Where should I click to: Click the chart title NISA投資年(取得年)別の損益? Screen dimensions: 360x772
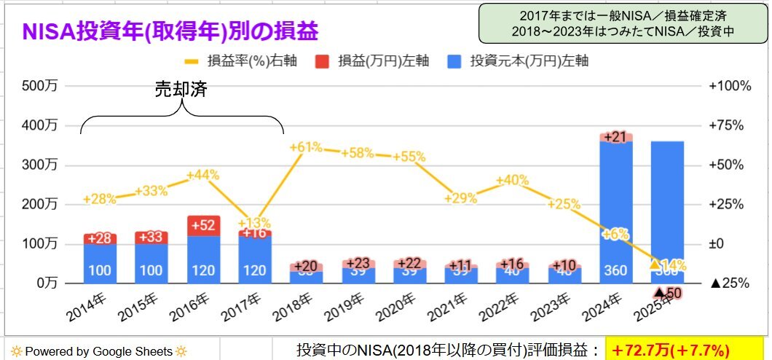pyautogui.click(x=171, y=32)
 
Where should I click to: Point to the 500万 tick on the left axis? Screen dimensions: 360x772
pyautogui.click(x=41, y=86)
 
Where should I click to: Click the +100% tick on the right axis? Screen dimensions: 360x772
pyautogui.click(x=729, y=86)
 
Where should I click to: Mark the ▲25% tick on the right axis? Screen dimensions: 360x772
pyautogui.click(x=728, y=283)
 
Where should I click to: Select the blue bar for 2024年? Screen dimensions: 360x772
pyautogui.click(x=616, y=211)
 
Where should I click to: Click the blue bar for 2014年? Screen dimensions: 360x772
pyautogui.click(x=100, y=262)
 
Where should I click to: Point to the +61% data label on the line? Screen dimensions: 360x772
pyautogui.click(x=306, y=148)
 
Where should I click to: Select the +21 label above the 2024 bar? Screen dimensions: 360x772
pyautogui.click(x=616, y=137)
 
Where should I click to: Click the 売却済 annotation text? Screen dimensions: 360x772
pyautogui.click(x=182, y=90)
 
